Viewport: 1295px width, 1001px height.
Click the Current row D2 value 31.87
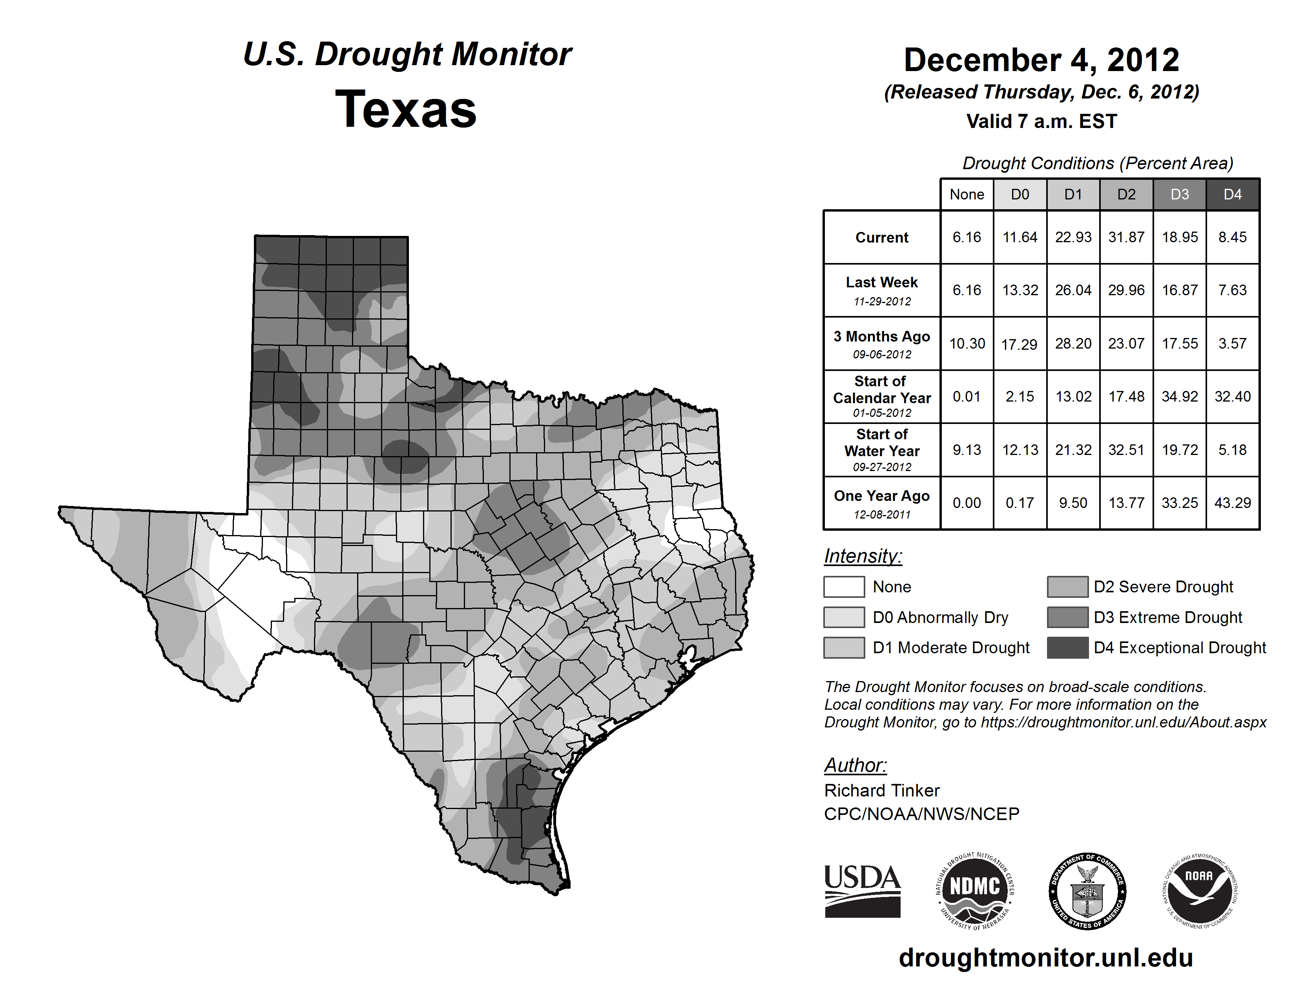click(x=1126, y=237)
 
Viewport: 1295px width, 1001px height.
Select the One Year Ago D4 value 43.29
click(x=1232, y=503)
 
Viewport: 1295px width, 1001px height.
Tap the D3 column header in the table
click(x=1179, y=194)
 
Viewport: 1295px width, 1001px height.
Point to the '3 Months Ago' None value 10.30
click(x=967, y=343)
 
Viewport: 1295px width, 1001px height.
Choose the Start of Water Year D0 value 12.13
click(x=1020, y=450)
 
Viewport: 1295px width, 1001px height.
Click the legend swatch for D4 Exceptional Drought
click(x=1067, y=648)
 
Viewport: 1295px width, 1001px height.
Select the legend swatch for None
click(x=844, y=586)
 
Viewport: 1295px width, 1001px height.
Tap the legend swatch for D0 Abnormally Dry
click(x=844, y=617)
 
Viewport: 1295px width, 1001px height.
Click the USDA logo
click(x=862, y=891)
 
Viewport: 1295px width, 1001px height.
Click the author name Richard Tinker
click(x=882, y=791)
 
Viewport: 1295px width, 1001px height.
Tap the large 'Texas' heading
click(x=406, y=110)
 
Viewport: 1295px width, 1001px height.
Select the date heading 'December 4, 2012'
click(x=1041, y=60)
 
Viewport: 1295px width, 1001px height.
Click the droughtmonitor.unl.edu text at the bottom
click(x=1046, y=958)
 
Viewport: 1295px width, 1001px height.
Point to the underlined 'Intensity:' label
click(x=863, y=556)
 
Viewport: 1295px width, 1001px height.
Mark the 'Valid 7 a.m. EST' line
click(x=1041, y=122)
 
